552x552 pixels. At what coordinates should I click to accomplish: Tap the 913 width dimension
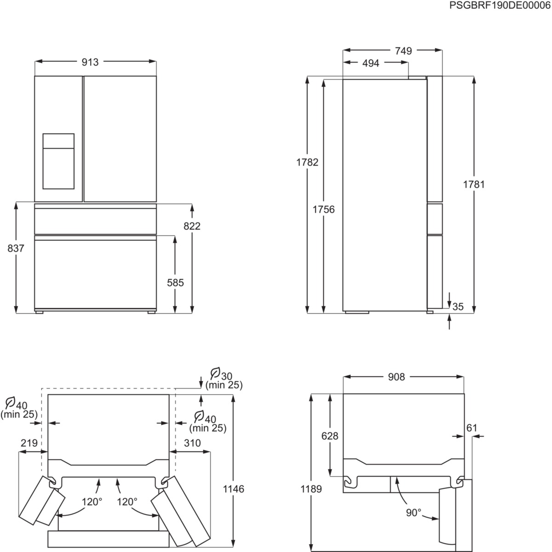(90, 62)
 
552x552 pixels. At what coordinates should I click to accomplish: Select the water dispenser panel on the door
(58, 161)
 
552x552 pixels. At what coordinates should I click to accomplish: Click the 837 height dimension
(16, 248)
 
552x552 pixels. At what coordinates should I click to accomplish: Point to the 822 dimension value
(192, 226)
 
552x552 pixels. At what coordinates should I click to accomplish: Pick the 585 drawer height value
(175, 282)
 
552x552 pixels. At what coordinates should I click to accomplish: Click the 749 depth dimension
(403, 51)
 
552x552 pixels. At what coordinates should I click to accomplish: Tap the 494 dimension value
(371, 63)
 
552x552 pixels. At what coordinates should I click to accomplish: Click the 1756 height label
(324, 210)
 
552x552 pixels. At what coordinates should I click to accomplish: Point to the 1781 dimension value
(474, 184)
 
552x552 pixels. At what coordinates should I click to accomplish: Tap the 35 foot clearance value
(458, 306)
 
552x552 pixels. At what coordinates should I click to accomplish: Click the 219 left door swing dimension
(29, 443)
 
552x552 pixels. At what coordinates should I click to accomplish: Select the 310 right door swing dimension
(192, 443)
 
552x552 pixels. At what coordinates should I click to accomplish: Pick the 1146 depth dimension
(235, 489)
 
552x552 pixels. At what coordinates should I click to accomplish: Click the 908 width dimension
(396, 377)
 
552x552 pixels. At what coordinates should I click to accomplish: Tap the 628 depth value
(330, 436)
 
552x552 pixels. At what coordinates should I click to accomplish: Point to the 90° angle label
(413, 512)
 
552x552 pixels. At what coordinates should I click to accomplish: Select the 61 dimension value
(472, 428)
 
